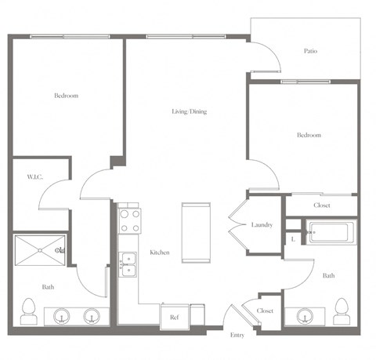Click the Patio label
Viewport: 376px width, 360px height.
point(310,52)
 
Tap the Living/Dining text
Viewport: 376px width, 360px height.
point(189,111)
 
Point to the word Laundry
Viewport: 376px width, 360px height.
point(262,225)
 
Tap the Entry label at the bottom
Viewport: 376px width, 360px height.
point(237,335)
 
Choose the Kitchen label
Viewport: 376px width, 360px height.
point(161,252)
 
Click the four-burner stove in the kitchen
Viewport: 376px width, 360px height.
point(128,219)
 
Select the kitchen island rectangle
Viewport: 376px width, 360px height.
point(196,234)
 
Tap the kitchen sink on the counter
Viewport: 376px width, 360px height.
point(128,264)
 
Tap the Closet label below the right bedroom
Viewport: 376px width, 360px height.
point(321,205)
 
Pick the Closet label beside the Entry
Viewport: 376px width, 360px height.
point(266,311)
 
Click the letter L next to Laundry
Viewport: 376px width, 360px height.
point(292,238)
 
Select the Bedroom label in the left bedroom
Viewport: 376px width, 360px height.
point(66,96)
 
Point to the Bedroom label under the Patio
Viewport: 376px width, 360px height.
point(309,135)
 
